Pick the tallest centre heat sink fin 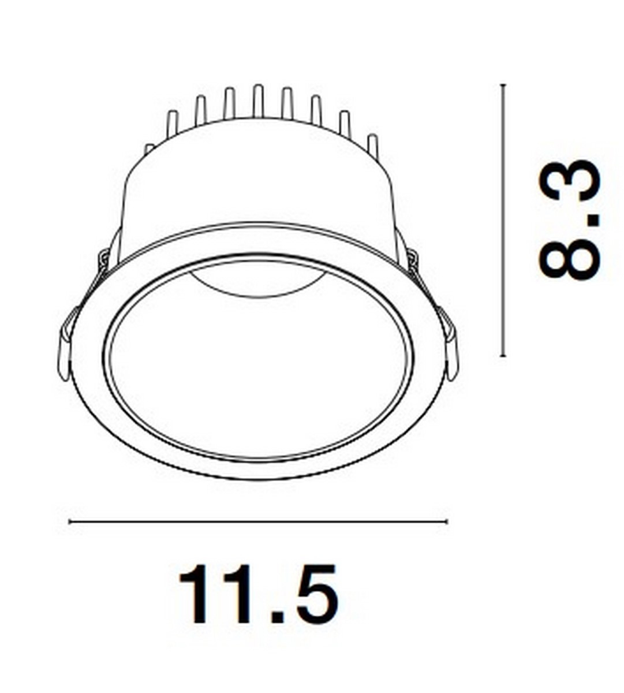258,100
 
